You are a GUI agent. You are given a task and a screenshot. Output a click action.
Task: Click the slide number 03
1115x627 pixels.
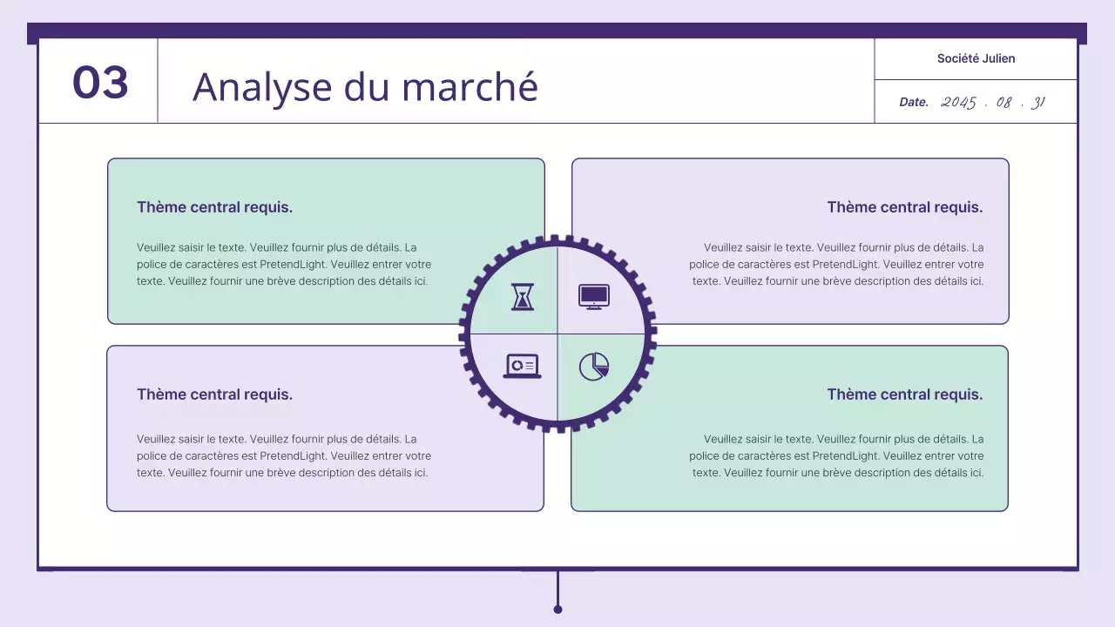(100, 83)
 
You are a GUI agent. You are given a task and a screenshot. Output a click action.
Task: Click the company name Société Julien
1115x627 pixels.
(976, 58)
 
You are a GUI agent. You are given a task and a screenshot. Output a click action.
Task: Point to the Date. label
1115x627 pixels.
(914, 102)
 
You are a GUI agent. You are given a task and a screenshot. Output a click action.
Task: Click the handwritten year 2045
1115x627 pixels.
(958, 102)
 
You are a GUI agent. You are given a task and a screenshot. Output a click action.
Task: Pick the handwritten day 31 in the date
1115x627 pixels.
(1037, 102)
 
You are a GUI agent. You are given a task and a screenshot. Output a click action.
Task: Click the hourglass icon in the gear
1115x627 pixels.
(522, 296)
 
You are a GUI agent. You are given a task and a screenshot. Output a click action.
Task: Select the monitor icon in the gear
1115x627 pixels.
(594, 296)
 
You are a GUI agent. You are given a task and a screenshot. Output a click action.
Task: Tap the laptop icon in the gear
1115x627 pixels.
(522, 366)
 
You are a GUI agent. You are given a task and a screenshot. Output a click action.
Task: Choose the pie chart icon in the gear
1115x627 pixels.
(594, 366)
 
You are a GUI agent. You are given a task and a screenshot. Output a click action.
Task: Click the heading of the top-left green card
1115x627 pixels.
(214, 207)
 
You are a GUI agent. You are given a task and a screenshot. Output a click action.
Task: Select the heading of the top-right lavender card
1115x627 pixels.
(904, 207)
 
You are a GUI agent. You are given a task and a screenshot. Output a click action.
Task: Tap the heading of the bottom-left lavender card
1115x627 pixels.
(214, 394)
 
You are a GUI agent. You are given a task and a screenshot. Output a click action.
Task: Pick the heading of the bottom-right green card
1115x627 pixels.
(904, 394)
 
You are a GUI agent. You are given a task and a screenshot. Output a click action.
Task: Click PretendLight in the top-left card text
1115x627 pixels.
(292, 264)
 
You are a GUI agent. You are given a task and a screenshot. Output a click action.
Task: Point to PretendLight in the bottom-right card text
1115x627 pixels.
(844, 455)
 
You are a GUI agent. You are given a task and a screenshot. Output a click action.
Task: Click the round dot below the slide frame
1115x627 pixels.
(557, 609)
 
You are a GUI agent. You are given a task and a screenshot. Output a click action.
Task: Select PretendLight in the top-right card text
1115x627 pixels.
(844, 264)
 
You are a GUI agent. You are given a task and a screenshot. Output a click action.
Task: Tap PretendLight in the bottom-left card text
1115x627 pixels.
(292, 455)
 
